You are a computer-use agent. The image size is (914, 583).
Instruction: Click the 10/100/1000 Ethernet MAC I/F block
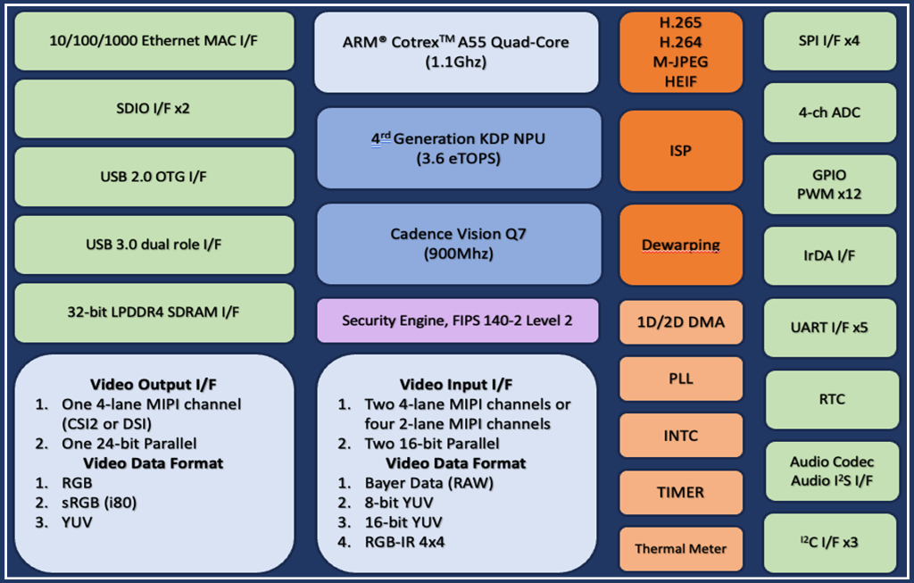154,41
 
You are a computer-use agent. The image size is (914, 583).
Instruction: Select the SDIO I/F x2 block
154,109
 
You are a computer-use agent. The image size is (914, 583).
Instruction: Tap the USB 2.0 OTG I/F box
154,177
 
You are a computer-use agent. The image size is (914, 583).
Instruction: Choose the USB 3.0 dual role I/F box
154,245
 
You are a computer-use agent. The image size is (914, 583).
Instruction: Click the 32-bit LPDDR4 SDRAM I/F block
154,312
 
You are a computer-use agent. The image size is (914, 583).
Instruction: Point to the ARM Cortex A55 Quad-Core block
457,52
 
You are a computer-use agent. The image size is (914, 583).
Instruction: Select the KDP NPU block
457,148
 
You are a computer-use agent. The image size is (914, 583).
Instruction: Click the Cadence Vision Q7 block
457,244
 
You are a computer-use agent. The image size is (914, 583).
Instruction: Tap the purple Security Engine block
457,320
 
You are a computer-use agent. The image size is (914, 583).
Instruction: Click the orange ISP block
681,151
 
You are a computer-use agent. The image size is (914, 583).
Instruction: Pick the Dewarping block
681,245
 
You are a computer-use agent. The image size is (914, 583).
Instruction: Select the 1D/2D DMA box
681,322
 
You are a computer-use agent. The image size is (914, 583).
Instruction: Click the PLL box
681,379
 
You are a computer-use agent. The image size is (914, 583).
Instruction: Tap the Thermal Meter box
681,548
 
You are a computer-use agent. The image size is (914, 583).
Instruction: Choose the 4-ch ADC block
830,113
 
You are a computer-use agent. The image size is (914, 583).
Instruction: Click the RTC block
830,399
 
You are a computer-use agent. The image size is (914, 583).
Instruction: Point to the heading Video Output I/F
153,384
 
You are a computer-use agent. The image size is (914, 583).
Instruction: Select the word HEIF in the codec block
681,80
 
